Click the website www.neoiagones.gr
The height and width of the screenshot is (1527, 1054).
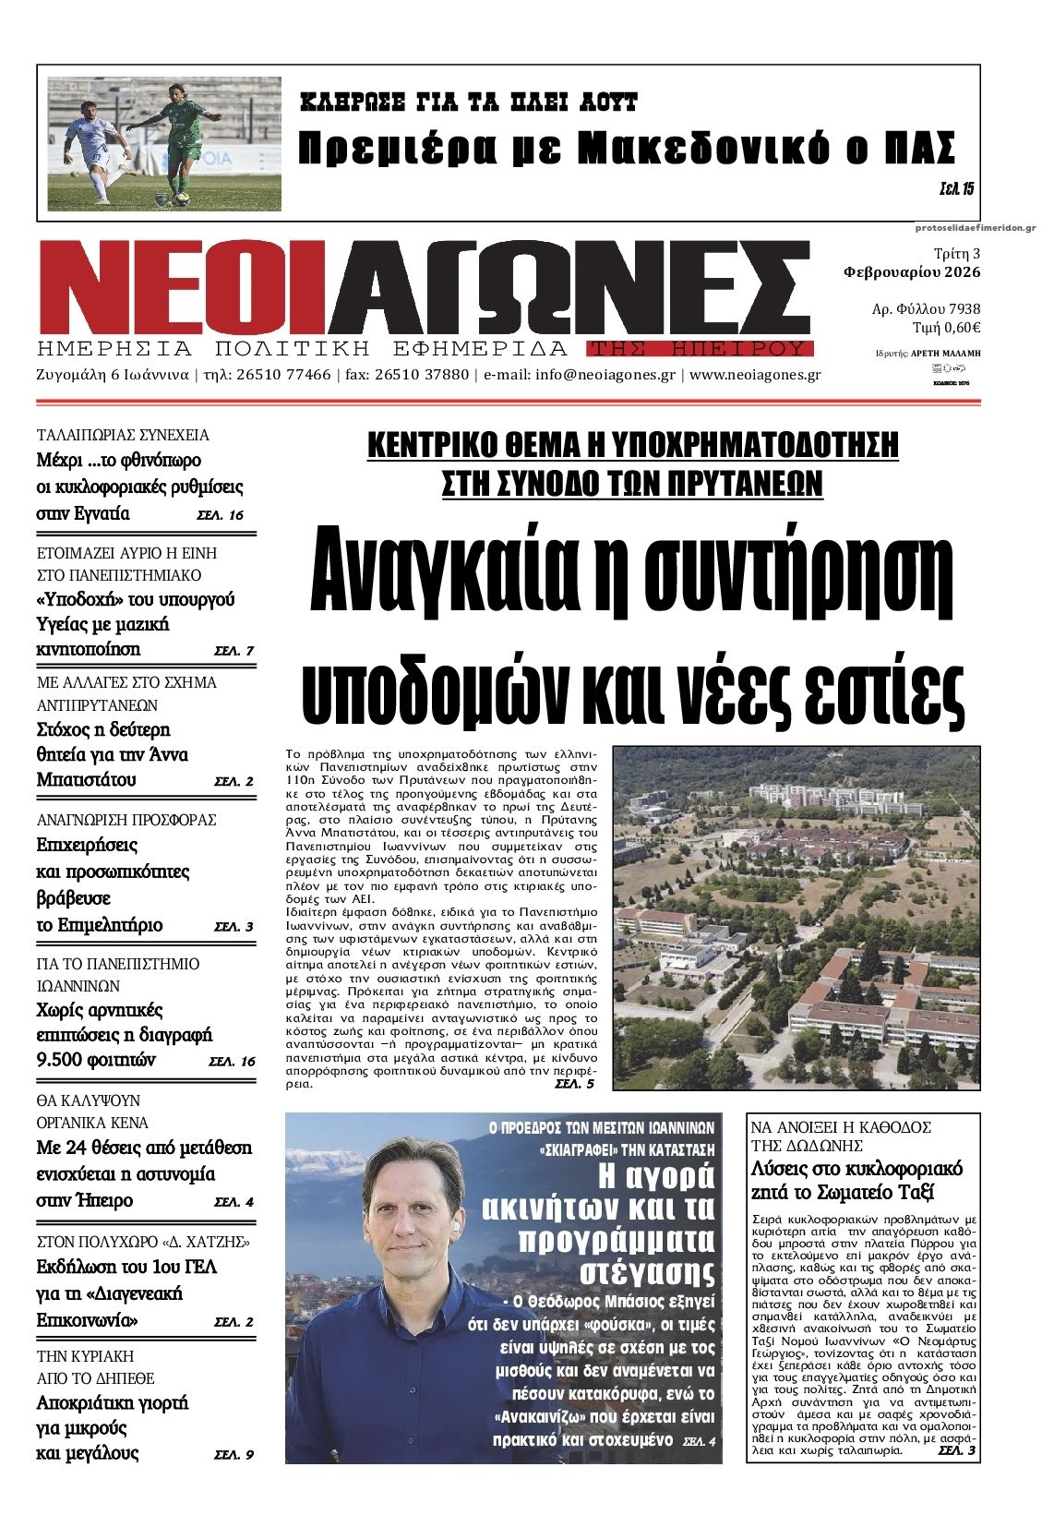point(755,375)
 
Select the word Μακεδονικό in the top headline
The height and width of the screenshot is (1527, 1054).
point(701,148)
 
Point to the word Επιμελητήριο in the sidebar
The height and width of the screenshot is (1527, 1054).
point(100,924)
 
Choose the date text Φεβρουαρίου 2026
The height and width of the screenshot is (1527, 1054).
point(912,272)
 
